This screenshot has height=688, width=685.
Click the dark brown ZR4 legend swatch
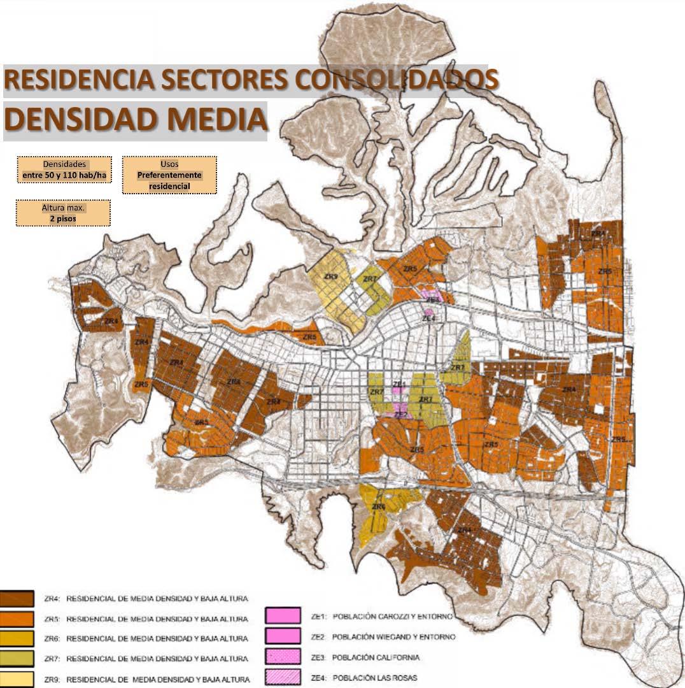[x=17, y=599]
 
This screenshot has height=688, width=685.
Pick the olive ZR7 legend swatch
[x=17, y=657]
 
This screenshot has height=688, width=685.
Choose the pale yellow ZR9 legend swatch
[x=17, y=678]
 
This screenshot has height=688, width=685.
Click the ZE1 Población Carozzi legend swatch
[x=281, y=616]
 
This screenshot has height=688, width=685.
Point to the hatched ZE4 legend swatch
[x=281, y=677]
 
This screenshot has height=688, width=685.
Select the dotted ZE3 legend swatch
[x=281, y=657]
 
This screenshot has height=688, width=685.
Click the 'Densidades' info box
[x=64, y=169]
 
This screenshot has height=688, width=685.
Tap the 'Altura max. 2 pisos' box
[x=64, y=213]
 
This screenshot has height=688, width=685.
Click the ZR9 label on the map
[x=330, y=277]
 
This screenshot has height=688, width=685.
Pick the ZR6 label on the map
[x=378, y=506]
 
